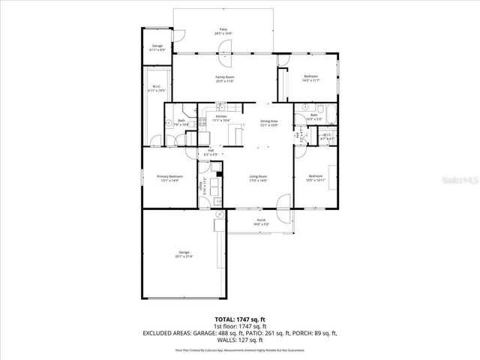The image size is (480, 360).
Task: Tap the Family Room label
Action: pyautogui.click(x=223, y=79)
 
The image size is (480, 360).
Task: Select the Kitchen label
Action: pyautogui.click(x=221, y=118)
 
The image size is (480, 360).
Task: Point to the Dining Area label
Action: pyautogui.click(x=268, y=123)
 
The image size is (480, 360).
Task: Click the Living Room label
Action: pyautogui.click(x=258, y=178)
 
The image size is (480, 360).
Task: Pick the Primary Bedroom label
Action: pyautogui.click(x=169, y=178)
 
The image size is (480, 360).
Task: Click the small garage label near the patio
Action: pyautogui.click(x=157, y=47)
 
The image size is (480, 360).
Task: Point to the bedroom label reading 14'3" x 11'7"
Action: pyautogui.click(x=310, y=78)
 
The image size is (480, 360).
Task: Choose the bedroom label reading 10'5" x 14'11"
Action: pyautogui.click(x=315, y=178)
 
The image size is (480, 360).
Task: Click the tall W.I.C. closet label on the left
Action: pyautogui.click(x=157, y=88)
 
